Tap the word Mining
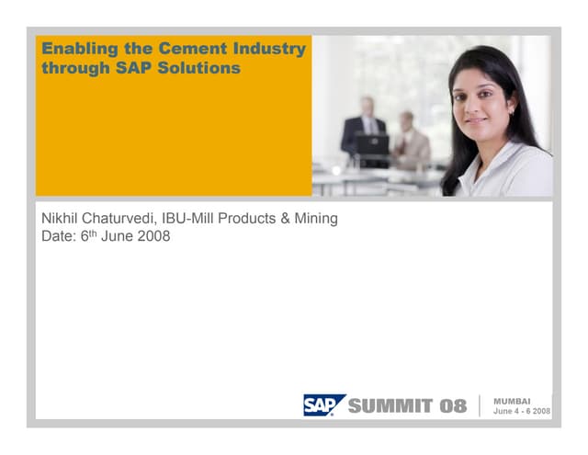click(314, 219)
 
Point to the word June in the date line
click(114, 236)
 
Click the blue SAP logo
click(323, 405)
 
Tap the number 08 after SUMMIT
click(450, 406)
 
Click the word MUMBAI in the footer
click(512, 401)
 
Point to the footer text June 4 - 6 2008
click(521, 412)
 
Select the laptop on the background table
click(372, 145)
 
